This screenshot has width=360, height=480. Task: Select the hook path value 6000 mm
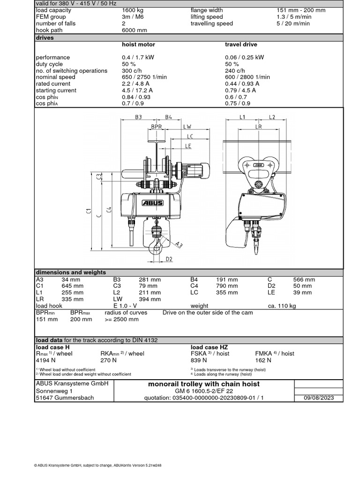(x=134, y=30)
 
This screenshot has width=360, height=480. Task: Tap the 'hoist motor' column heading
(x=138, y=45)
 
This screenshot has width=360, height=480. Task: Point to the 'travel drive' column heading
(x=241, y=45)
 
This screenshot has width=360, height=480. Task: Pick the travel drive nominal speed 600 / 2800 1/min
(x=247, y=77)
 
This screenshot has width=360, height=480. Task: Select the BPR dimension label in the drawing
(x=157, y=127)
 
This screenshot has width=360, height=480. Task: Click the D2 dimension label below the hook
(x=169, y=259)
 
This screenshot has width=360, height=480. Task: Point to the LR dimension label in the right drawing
(x=258, y=127)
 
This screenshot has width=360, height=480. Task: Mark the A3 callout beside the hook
(x=180, y=243)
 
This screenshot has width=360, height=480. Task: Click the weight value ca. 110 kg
(x=282, y=306)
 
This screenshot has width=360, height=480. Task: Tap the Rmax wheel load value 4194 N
(x=45, y=360)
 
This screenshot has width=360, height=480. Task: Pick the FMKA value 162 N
(x=263, y=360)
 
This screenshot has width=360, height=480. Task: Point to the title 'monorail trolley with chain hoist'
(x=203, y=384)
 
